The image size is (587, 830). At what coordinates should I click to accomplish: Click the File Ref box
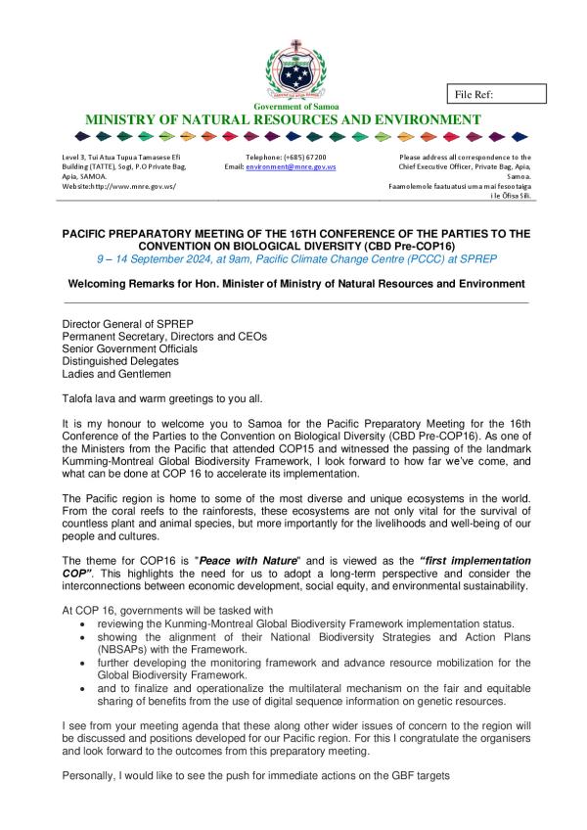495,94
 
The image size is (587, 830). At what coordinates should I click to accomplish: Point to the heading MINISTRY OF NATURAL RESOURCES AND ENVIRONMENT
284,119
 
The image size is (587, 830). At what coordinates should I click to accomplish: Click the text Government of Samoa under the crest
293,106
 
